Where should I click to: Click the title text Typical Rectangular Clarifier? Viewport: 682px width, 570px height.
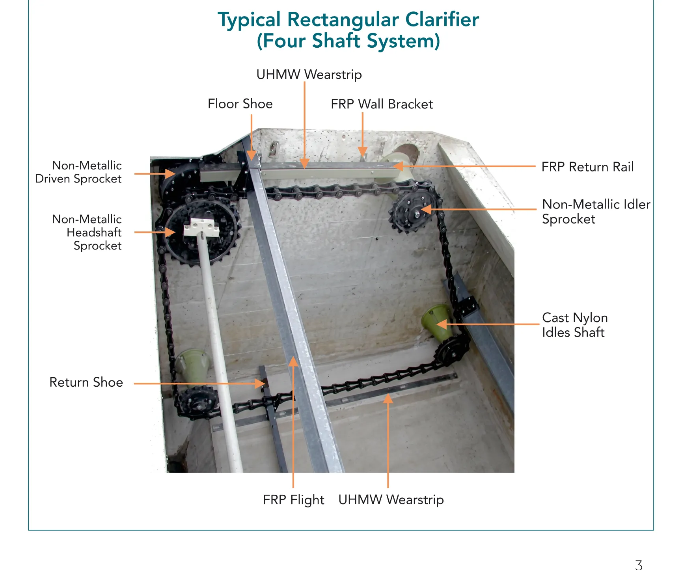[348, 20]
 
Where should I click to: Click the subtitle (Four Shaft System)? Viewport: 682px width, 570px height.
[348, 41]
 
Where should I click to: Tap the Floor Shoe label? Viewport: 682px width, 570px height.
[240, 104]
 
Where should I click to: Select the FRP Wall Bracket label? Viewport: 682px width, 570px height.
[382, 104]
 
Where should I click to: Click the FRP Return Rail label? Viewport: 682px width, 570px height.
[587, 167]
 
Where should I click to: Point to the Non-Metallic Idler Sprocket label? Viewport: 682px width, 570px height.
[596, 212]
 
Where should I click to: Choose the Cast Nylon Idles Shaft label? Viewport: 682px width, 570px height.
[575, 325]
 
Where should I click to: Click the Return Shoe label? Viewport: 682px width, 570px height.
[86, 382]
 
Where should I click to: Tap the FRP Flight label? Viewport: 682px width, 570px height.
[293, 500]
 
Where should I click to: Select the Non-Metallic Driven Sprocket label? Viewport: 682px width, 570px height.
[78, 172]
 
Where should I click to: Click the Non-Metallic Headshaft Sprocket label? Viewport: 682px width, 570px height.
[87, 232]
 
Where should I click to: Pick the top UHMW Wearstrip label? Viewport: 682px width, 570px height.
[309, 75]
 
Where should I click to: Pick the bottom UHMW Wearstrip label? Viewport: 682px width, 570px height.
[391, 499]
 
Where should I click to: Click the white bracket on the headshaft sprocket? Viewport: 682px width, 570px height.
[201, 227]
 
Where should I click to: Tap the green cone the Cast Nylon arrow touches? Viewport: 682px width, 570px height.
[438, 322]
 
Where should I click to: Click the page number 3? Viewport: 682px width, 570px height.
[639, 565]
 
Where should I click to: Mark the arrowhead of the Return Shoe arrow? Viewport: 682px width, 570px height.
[260, 383]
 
